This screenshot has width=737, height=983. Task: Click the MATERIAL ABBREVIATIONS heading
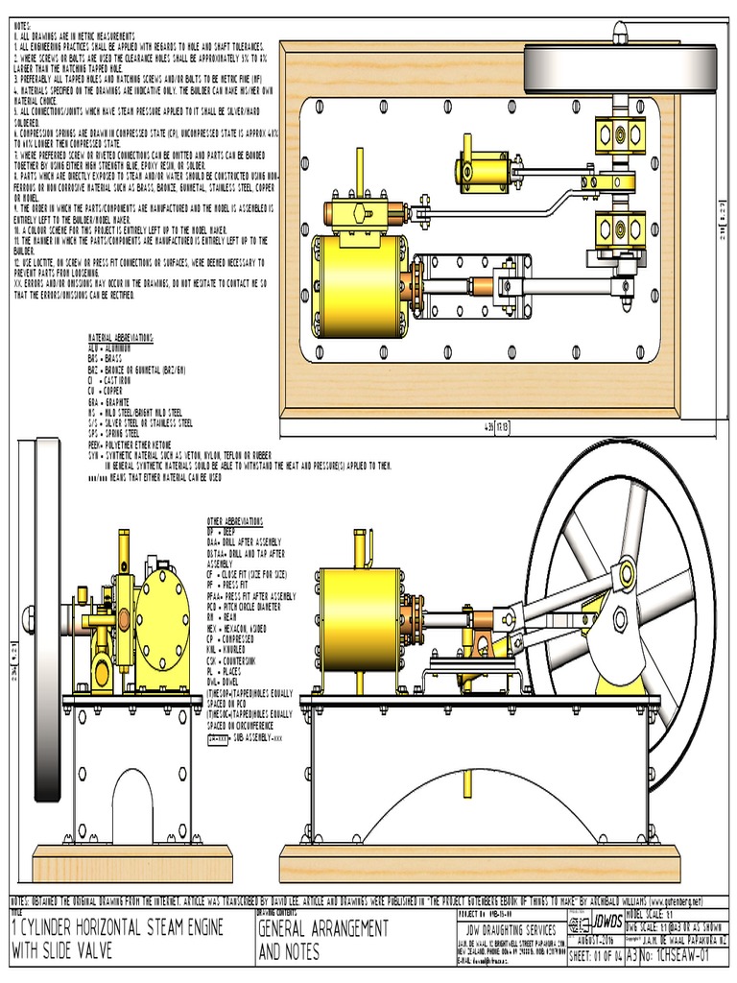tap(120, 339)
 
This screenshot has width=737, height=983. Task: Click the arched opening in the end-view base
tap(132, 807)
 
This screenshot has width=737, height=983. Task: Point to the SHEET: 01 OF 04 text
tap(595, 956)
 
